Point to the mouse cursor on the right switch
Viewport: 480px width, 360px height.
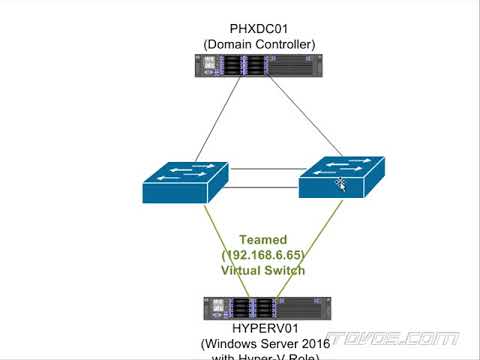point(340,183)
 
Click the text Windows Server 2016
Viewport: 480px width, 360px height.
point(264,343)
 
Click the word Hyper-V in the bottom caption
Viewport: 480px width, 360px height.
point(264,355)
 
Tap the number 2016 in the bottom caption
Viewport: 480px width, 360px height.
point(313,343)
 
